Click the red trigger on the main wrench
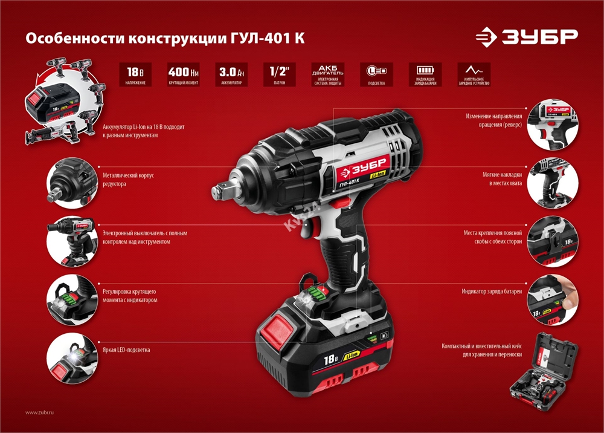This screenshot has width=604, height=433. click(x=314, y=228)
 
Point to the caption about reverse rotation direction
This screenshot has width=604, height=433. click(x=493, y=120)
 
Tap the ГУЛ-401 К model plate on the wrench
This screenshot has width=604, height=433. click(x=350, y=183)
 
